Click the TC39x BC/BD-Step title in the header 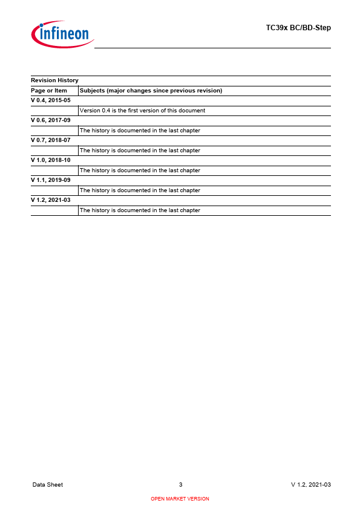(x=298, y=28)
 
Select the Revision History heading (x=54, y=80)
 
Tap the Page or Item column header (x=49, y=91)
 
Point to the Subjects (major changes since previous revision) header (x=151, y=91)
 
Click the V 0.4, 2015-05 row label (x=51, y=100)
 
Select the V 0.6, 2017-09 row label (x=51, y=120)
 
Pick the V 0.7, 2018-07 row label (x=51, y=140)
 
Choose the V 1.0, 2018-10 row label (x=51, y=160)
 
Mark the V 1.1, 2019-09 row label (x=51, y=180)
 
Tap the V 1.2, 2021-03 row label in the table (x=51, y=200)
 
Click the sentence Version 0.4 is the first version (x=142, y=111)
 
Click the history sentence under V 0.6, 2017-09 (x=140, y=131)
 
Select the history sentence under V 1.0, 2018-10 (x=140, y=170)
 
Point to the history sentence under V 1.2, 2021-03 (x=140, y=210)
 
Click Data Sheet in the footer (x=48, y=485)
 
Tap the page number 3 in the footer (x=180, y=485)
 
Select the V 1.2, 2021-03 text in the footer (x=311, y=485)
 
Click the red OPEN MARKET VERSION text (x=180, y=499)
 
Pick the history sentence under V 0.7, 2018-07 (x=140, y=151)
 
